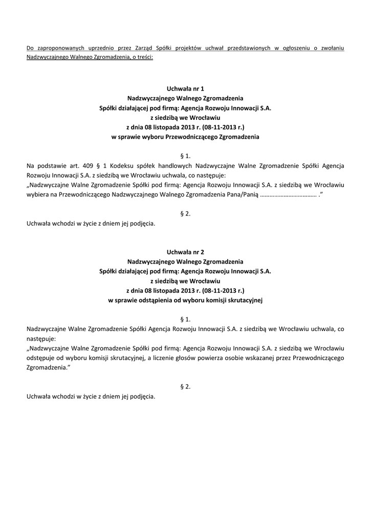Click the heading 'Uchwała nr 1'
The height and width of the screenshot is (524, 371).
click(185, 89)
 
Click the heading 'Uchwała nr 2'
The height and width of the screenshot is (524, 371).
click(185, 252)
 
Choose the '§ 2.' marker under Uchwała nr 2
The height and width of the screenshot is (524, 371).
click(185, 386)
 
